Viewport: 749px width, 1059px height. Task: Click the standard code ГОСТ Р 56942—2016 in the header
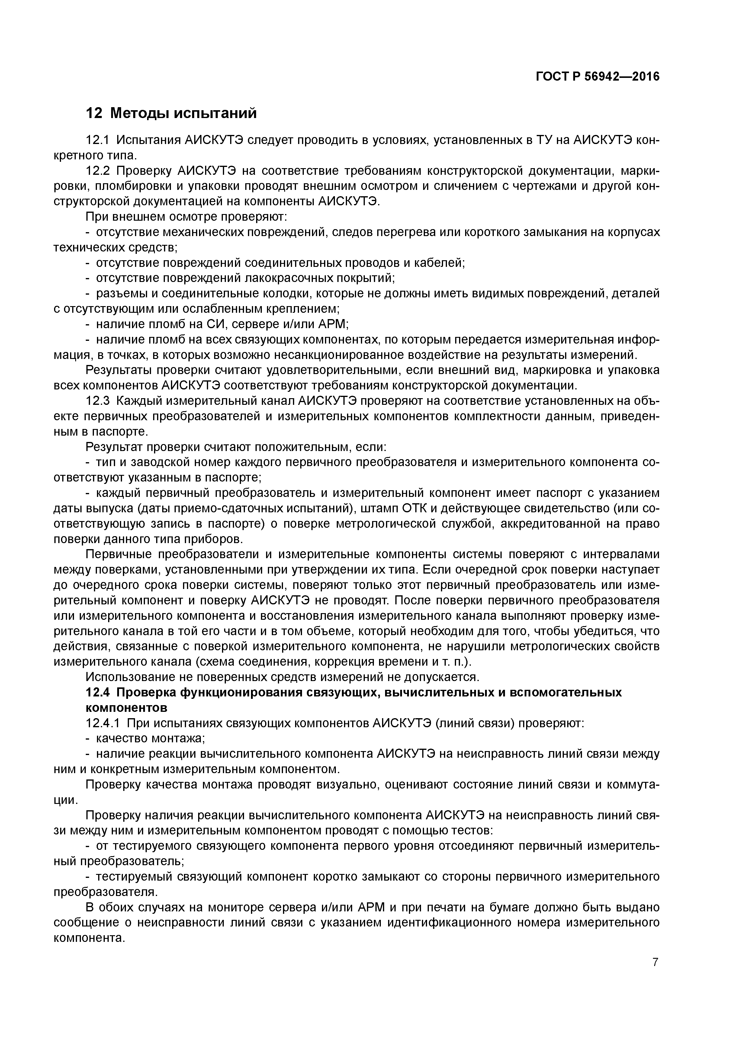coord(598,77)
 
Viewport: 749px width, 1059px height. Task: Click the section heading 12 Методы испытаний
coord(171,113)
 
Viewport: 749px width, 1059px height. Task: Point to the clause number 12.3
coord(98,401)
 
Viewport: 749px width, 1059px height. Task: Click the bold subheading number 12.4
coord(98,692)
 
